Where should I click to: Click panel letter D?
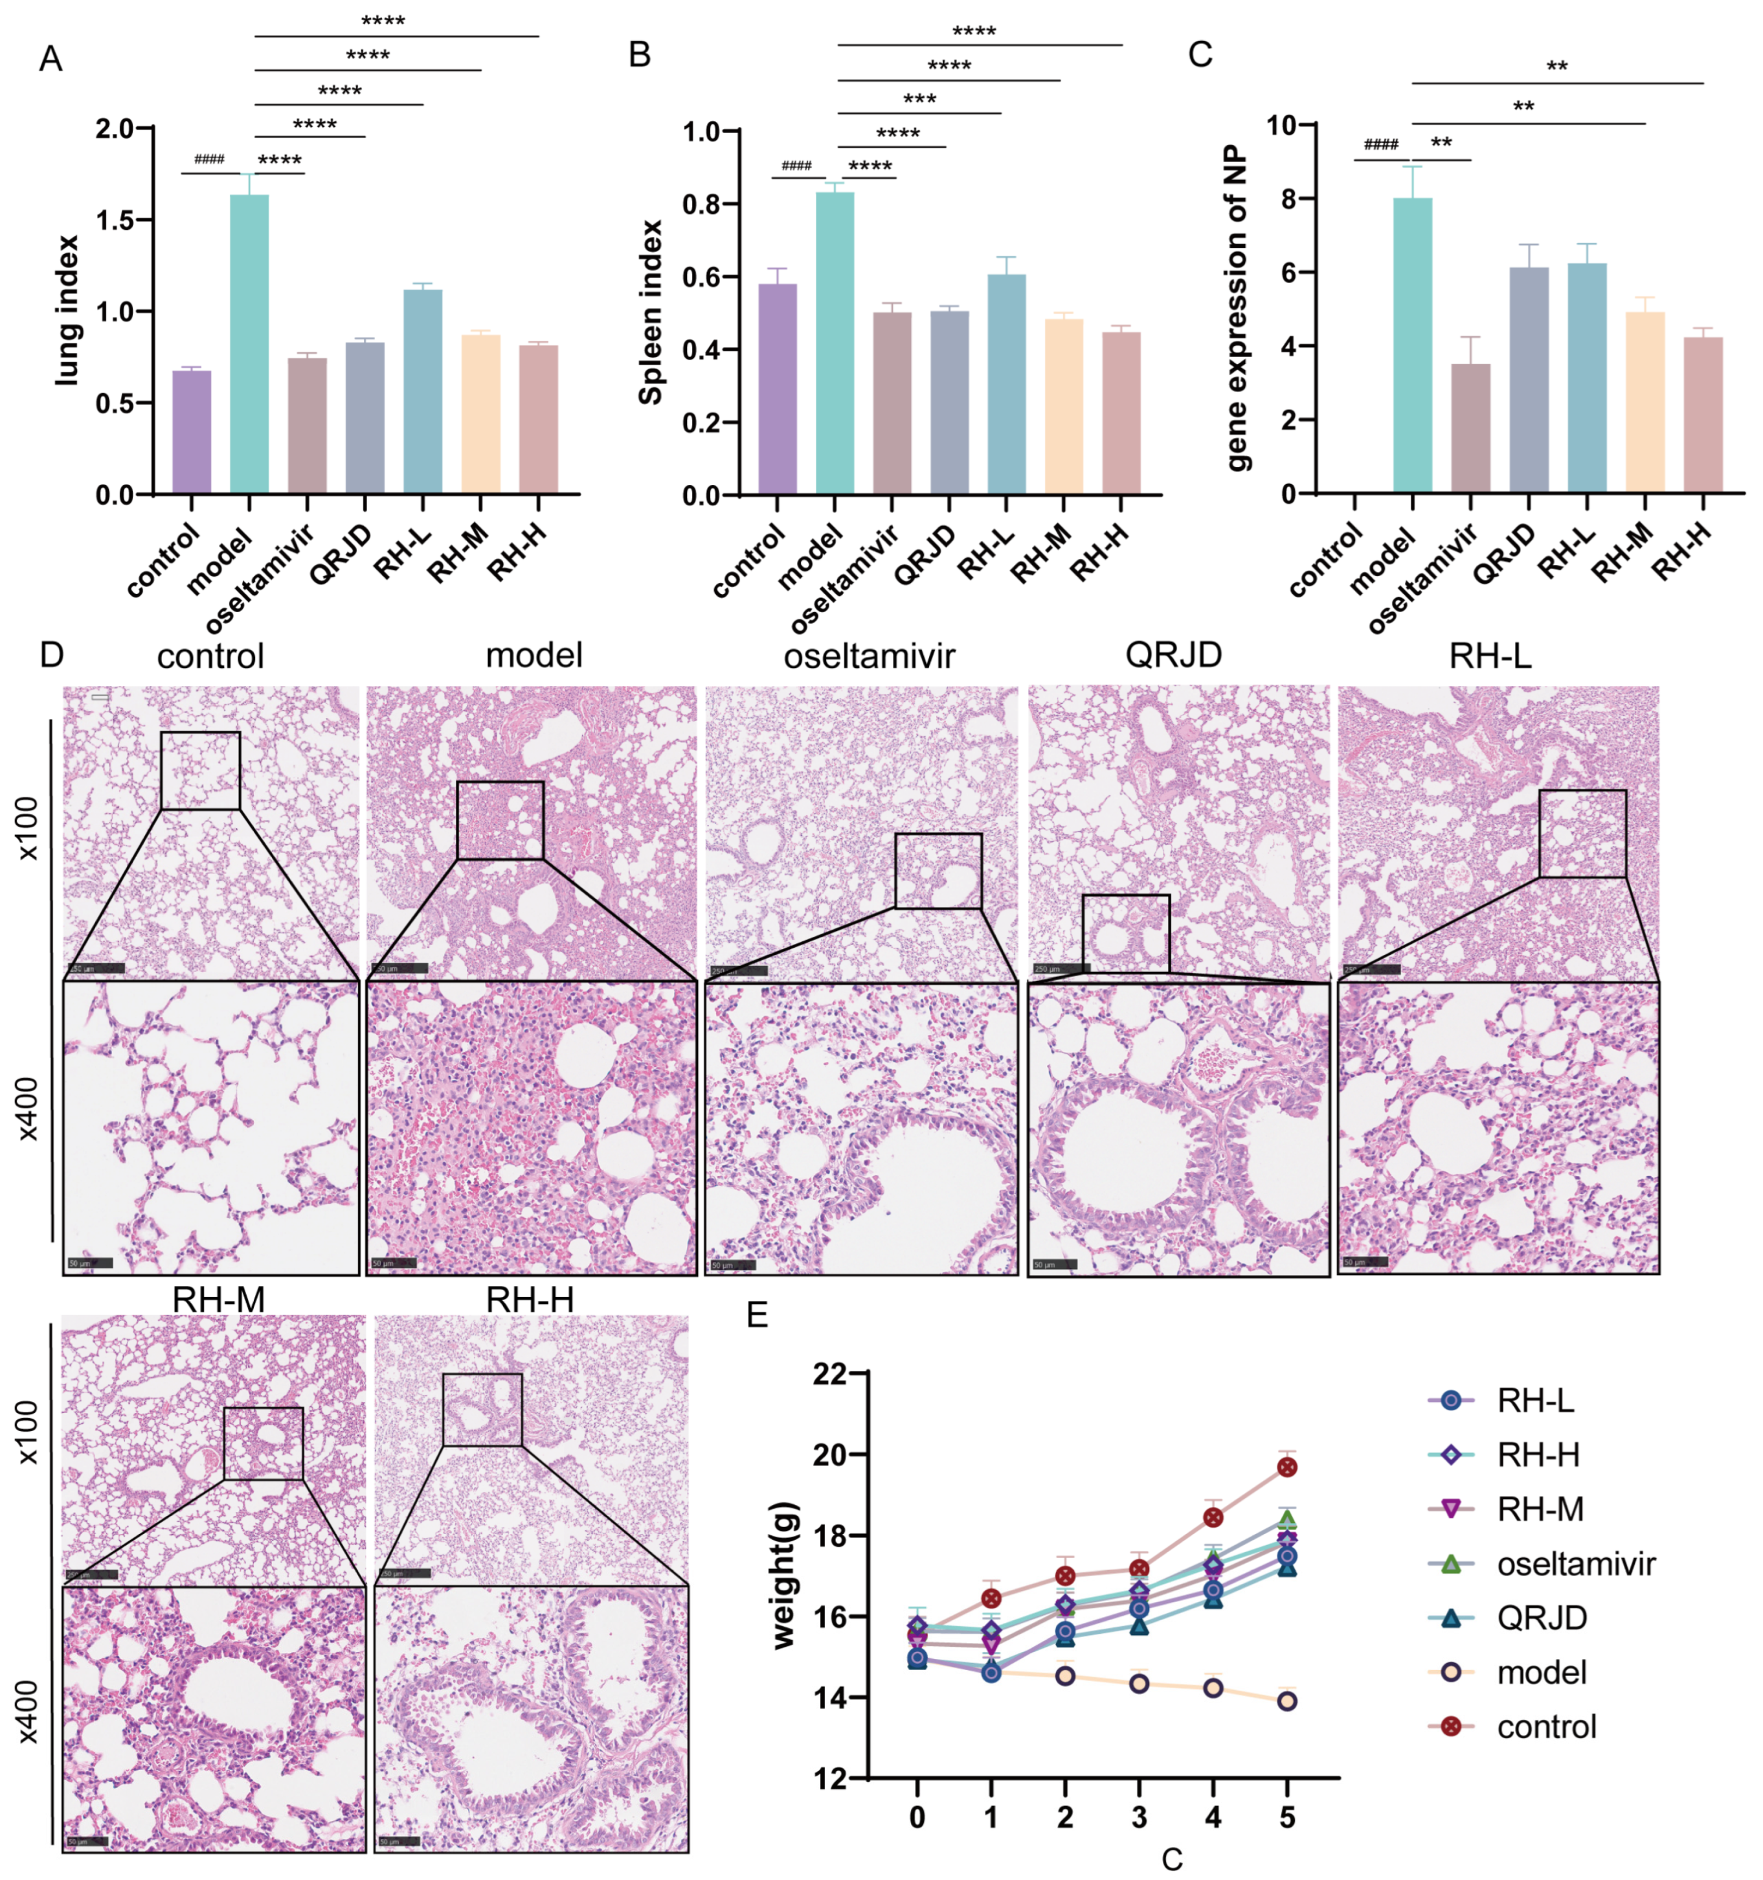51,656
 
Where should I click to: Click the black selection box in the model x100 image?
500,820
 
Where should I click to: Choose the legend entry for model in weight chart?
1541,1672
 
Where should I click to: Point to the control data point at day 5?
1286,1467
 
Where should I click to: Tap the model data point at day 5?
1286,1701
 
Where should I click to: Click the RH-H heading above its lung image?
530,1300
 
